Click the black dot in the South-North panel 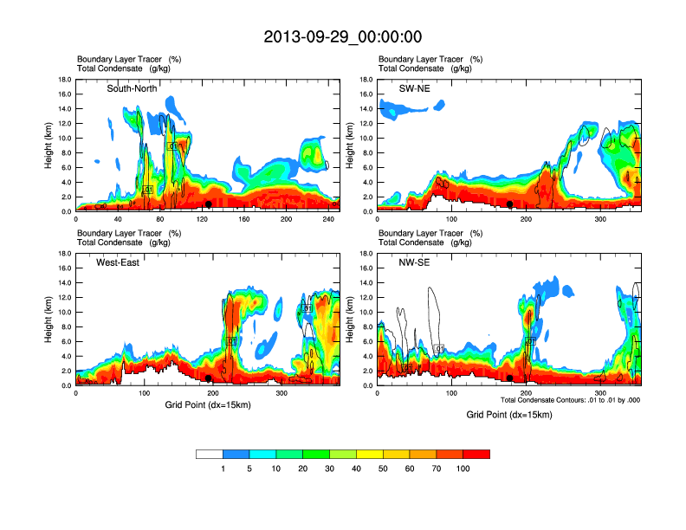point(209,204)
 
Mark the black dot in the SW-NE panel point(510,204)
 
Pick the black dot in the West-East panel point(209,378)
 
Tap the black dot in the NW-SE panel point(510,378)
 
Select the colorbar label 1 point(223,469)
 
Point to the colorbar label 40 point(357,469)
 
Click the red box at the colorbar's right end point(476,454)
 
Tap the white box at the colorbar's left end point(210,454)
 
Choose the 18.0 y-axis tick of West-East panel point(65,254)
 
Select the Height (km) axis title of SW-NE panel point(349,145)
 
